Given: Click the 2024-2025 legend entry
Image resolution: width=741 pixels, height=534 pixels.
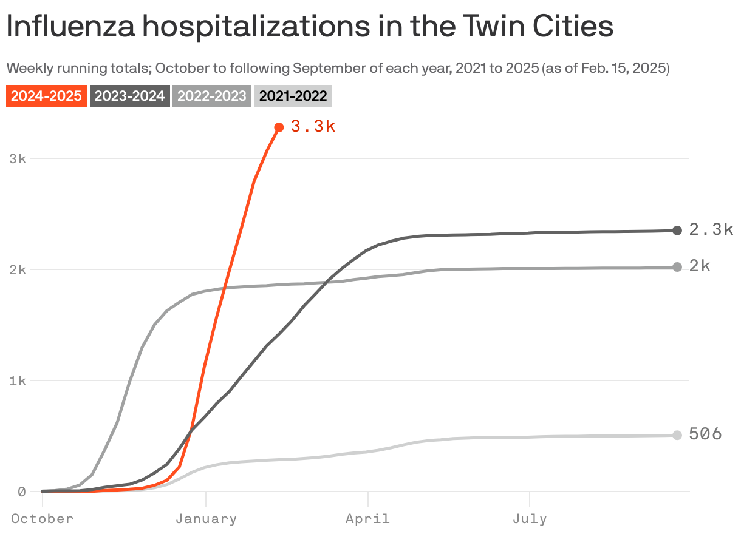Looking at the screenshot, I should click(x=46, y=96).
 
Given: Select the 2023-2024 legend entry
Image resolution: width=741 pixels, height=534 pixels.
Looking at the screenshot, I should click(x=129, y=96).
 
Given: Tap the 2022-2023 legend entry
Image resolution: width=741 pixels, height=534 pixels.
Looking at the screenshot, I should click(x=212, y=96).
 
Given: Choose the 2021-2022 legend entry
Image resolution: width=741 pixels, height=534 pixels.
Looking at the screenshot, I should click(x=293, y=96).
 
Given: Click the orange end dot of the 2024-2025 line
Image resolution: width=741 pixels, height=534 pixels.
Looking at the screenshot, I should click(x=279, y=127).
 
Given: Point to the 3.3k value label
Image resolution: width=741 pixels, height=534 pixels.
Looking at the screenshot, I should click(x=313, y=127).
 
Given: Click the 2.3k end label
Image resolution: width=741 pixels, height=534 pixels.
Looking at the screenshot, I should click(x=711, y=230).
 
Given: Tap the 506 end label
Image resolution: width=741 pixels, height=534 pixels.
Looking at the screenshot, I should click(x=705, y=434).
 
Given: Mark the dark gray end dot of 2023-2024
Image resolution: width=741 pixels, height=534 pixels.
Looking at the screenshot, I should click(x=677, y=230).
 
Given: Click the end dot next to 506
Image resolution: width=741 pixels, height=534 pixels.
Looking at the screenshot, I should click(x=677, y=435).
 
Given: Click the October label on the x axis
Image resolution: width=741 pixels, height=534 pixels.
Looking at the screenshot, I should click(x=42, y=519).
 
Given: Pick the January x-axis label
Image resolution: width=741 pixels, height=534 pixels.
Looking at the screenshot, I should click(x=206, y=519).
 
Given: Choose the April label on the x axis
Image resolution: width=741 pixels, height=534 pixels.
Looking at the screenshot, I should click(x=367, y=519).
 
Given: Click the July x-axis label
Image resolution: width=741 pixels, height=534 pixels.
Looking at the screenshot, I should click(x=530, y=519).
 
